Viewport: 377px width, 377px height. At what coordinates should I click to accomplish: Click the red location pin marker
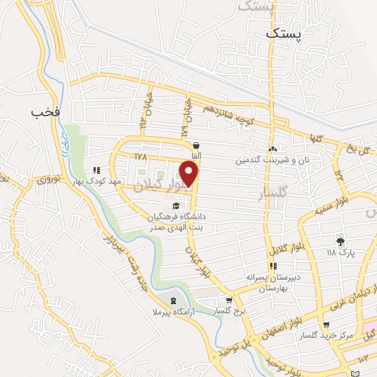coord(190,175)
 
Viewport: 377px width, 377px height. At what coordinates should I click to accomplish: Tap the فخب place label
coord(44,112)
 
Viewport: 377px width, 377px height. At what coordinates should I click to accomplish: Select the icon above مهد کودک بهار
coord(97,171)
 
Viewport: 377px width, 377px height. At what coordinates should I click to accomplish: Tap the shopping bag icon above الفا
coord(196,146)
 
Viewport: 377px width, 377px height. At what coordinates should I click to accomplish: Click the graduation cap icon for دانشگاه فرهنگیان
coord(175,205)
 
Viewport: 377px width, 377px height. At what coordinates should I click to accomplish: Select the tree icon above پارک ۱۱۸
coord(339,241)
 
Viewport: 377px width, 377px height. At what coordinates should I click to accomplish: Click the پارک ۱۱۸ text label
coord(341,252)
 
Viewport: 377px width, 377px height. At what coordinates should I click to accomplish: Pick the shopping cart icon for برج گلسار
coord(229,300)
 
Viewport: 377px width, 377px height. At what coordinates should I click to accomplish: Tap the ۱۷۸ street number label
coord(141,157)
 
